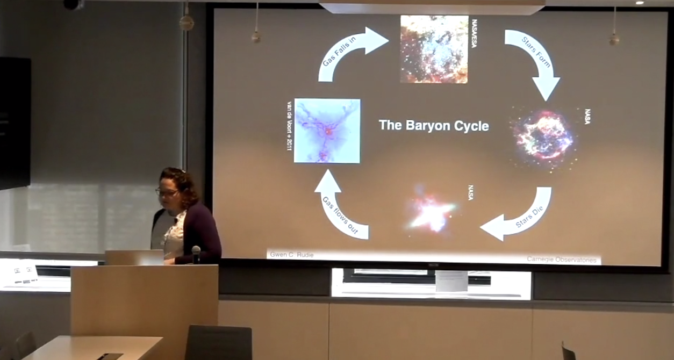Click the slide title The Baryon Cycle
pos(434,126)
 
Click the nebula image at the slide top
pos(434,49)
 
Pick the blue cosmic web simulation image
pos(327,131)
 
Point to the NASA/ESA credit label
pos(474,33)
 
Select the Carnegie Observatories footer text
pos(562,260)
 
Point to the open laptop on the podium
pos(134,257)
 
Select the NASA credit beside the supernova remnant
pos(587,117)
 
